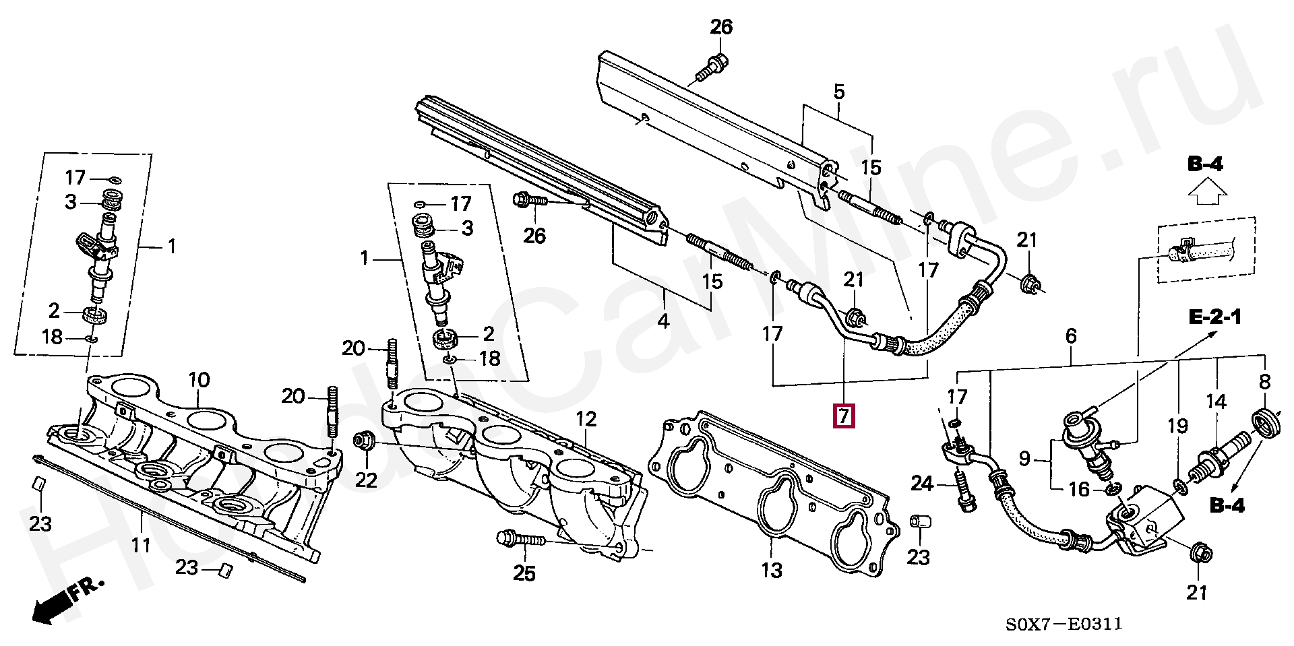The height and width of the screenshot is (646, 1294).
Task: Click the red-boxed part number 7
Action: [844, 416]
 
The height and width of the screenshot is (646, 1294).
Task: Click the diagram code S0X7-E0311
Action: [1064, 624]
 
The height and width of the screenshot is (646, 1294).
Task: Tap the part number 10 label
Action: [199, 380]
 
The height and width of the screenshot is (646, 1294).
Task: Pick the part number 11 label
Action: [140, 543]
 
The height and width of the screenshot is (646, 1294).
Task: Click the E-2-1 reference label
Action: [1214, 317]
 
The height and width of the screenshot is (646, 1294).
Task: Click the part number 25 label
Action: [524, 573]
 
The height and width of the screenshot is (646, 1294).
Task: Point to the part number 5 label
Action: [838, 92]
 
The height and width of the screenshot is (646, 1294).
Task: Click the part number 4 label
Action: [663, 321]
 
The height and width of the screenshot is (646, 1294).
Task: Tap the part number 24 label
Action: [922, 483]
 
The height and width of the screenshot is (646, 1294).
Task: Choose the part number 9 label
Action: [1024, 459]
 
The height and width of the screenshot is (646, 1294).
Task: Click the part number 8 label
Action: [1264, 382]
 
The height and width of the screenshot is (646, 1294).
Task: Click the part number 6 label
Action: [1071, 335]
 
